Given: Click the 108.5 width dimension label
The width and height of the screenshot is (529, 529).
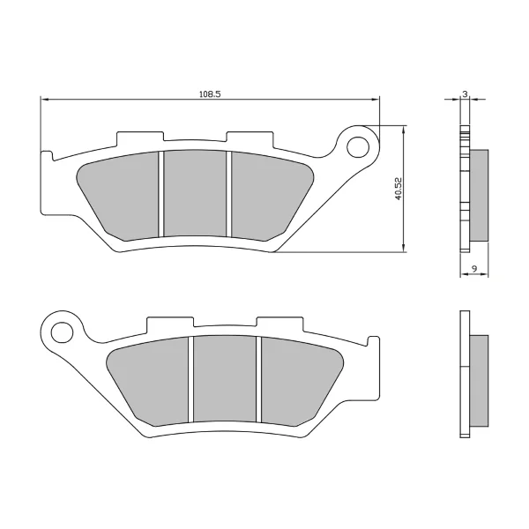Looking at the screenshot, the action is point(210,94).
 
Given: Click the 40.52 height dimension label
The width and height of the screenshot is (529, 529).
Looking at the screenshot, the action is point(399,189).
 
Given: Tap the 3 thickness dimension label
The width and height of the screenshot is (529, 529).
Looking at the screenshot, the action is point(466,94).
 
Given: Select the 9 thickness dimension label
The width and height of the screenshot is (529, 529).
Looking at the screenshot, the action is point(474,269).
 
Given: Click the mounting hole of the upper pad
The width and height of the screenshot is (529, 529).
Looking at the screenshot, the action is point(357,147).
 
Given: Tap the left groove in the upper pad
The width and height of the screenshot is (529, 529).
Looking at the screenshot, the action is point(161,194).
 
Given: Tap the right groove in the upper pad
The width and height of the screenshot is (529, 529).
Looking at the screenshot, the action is point(228,194).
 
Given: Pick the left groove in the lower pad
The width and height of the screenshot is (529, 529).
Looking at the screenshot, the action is point(190,379).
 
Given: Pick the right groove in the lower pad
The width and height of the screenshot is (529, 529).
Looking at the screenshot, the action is point(258,379).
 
